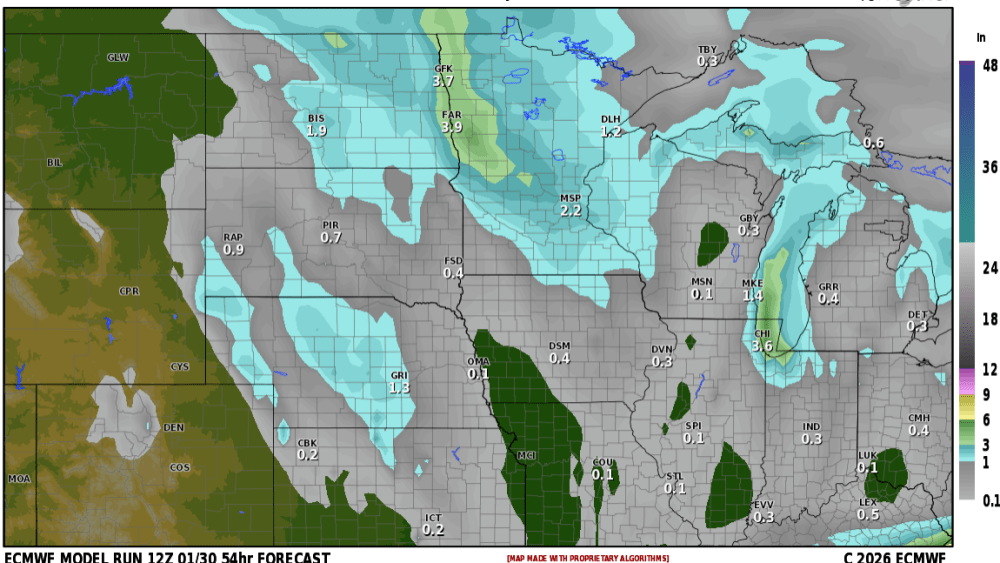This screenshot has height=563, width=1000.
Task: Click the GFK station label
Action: click(444, 68)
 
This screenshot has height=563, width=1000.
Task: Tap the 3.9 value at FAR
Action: click(452, 127)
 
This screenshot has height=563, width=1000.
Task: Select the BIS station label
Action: click(316, 118)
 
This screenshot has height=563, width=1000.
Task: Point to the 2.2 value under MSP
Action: click(570, 211)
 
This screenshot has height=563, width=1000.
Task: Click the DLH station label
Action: click(610, 120)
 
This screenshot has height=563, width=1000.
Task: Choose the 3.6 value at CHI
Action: click(762, 346)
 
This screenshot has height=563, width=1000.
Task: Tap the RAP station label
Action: click(233, 237)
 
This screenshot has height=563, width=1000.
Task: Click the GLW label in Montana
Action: click(118, 58)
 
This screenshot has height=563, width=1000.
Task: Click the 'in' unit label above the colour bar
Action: click(981, 37)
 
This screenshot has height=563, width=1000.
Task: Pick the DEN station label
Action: click(173, 427)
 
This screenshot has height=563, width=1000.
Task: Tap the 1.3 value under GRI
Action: click(399, 388)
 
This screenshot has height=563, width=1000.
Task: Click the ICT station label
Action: click(433, 518)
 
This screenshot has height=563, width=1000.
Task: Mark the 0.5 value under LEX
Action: click(868, 515)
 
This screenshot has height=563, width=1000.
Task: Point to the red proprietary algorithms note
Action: click(587, 558)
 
